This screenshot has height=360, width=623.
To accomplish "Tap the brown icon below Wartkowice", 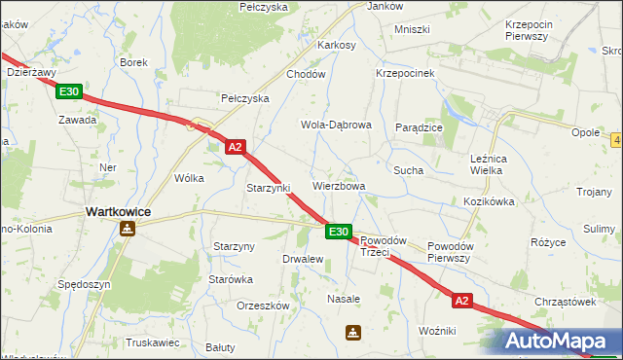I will (127, 230).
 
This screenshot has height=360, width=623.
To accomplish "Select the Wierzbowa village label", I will (339, 186).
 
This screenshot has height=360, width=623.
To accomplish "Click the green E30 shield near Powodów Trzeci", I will (338, 232).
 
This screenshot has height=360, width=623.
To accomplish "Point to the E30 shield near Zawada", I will (68, 91).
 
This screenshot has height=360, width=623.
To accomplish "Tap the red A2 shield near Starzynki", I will (235, 147).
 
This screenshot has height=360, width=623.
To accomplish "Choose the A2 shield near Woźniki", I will (461, 301).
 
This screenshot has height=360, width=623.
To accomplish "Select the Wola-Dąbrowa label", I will (337, 126).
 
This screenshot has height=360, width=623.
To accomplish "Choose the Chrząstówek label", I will (564, 302).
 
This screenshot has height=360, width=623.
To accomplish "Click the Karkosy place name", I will (337, 45).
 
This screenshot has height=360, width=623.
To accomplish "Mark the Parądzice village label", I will (420, 127).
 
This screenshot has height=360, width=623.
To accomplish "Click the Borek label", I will (133, 62).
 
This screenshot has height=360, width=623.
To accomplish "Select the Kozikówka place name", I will (489, 201).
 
